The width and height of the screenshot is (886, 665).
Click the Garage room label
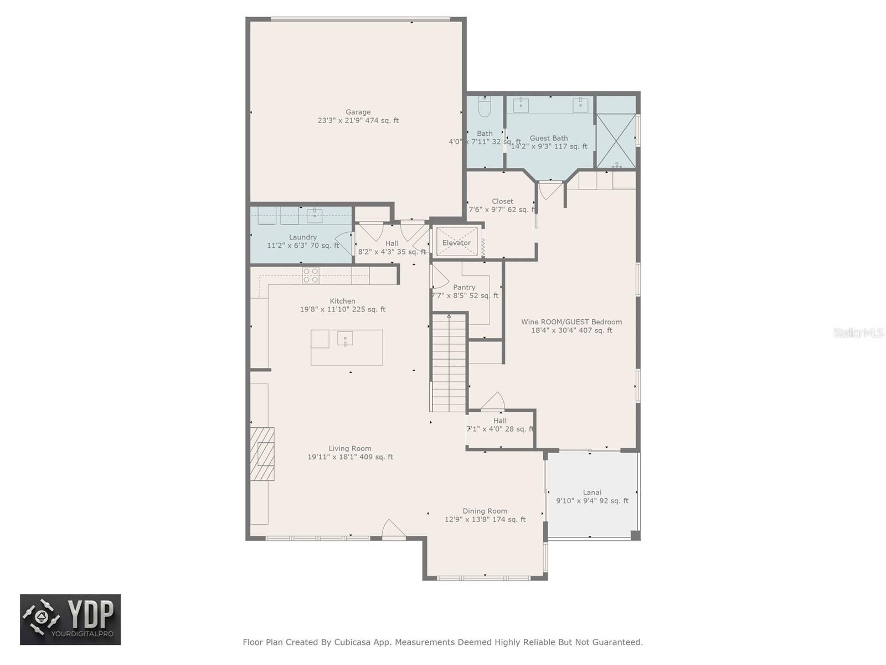[x=358, y=112]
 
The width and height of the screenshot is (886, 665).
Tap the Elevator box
[x=456, y=243]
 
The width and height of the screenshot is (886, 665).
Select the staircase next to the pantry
[x=449, y=363]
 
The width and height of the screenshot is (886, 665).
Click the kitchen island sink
[x=345, y=338]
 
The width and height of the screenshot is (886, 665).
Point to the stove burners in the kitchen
[x=311, y=275]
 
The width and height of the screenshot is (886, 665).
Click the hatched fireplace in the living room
[x=262, y=454]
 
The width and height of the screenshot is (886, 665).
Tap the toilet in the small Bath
[x=485, y=107]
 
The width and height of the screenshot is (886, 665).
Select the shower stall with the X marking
[x=616, y=141]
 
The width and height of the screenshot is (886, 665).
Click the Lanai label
[x=592, y=492]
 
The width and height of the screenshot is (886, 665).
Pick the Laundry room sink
[x=315, y=215]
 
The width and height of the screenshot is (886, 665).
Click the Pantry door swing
[x=439, y=277]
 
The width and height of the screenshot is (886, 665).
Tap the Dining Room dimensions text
[x=485, y=520]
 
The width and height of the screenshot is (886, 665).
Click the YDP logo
[x=70, y=620]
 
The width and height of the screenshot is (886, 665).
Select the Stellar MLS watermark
[x=858, y=332]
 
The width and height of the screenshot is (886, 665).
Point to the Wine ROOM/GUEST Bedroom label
[x=571, y=322]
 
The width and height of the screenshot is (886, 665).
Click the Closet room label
[x=502, y=201]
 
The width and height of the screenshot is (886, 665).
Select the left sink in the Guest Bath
[x=521, y=105]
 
